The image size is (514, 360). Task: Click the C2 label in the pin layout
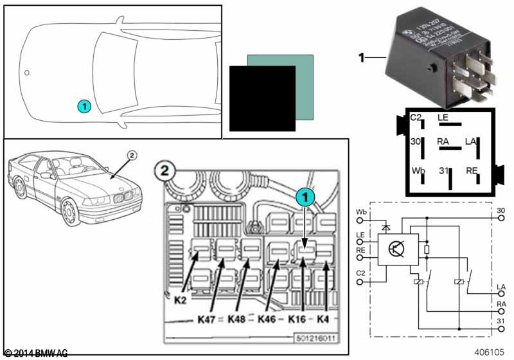(416, 118)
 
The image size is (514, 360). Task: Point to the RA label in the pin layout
(443, 141)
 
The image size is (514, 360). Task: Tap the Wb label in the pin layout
(418, 172)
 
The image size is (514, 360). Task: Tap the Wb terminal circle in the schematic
(359, 221)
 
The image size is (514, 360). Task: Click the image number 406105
(490, 352)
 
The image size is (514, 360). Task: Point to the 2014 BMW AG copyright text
(36, 353)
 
